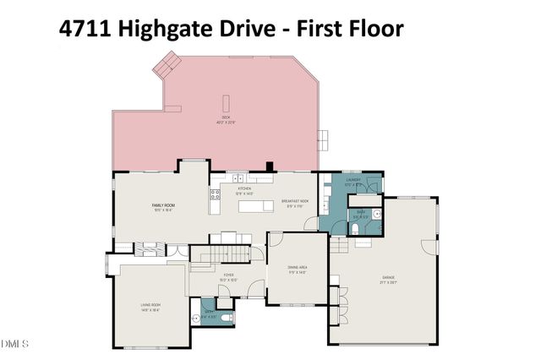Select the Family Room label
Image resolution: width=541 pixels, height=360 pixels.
[x=162, y=207]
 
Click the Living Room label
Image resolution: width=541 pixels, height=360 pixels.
[x=150, y=308]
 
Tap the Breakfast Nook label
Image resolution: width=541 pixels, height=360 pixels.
[x=294, y=203]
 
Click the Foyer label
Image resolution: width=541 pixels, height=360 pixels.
[x=228, y=275]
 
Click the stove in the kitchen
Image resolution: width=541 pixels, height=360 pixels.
[x=214, y=194]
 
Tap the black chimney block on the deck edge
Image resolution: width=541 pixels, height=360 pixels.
[x=269, y=166]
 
